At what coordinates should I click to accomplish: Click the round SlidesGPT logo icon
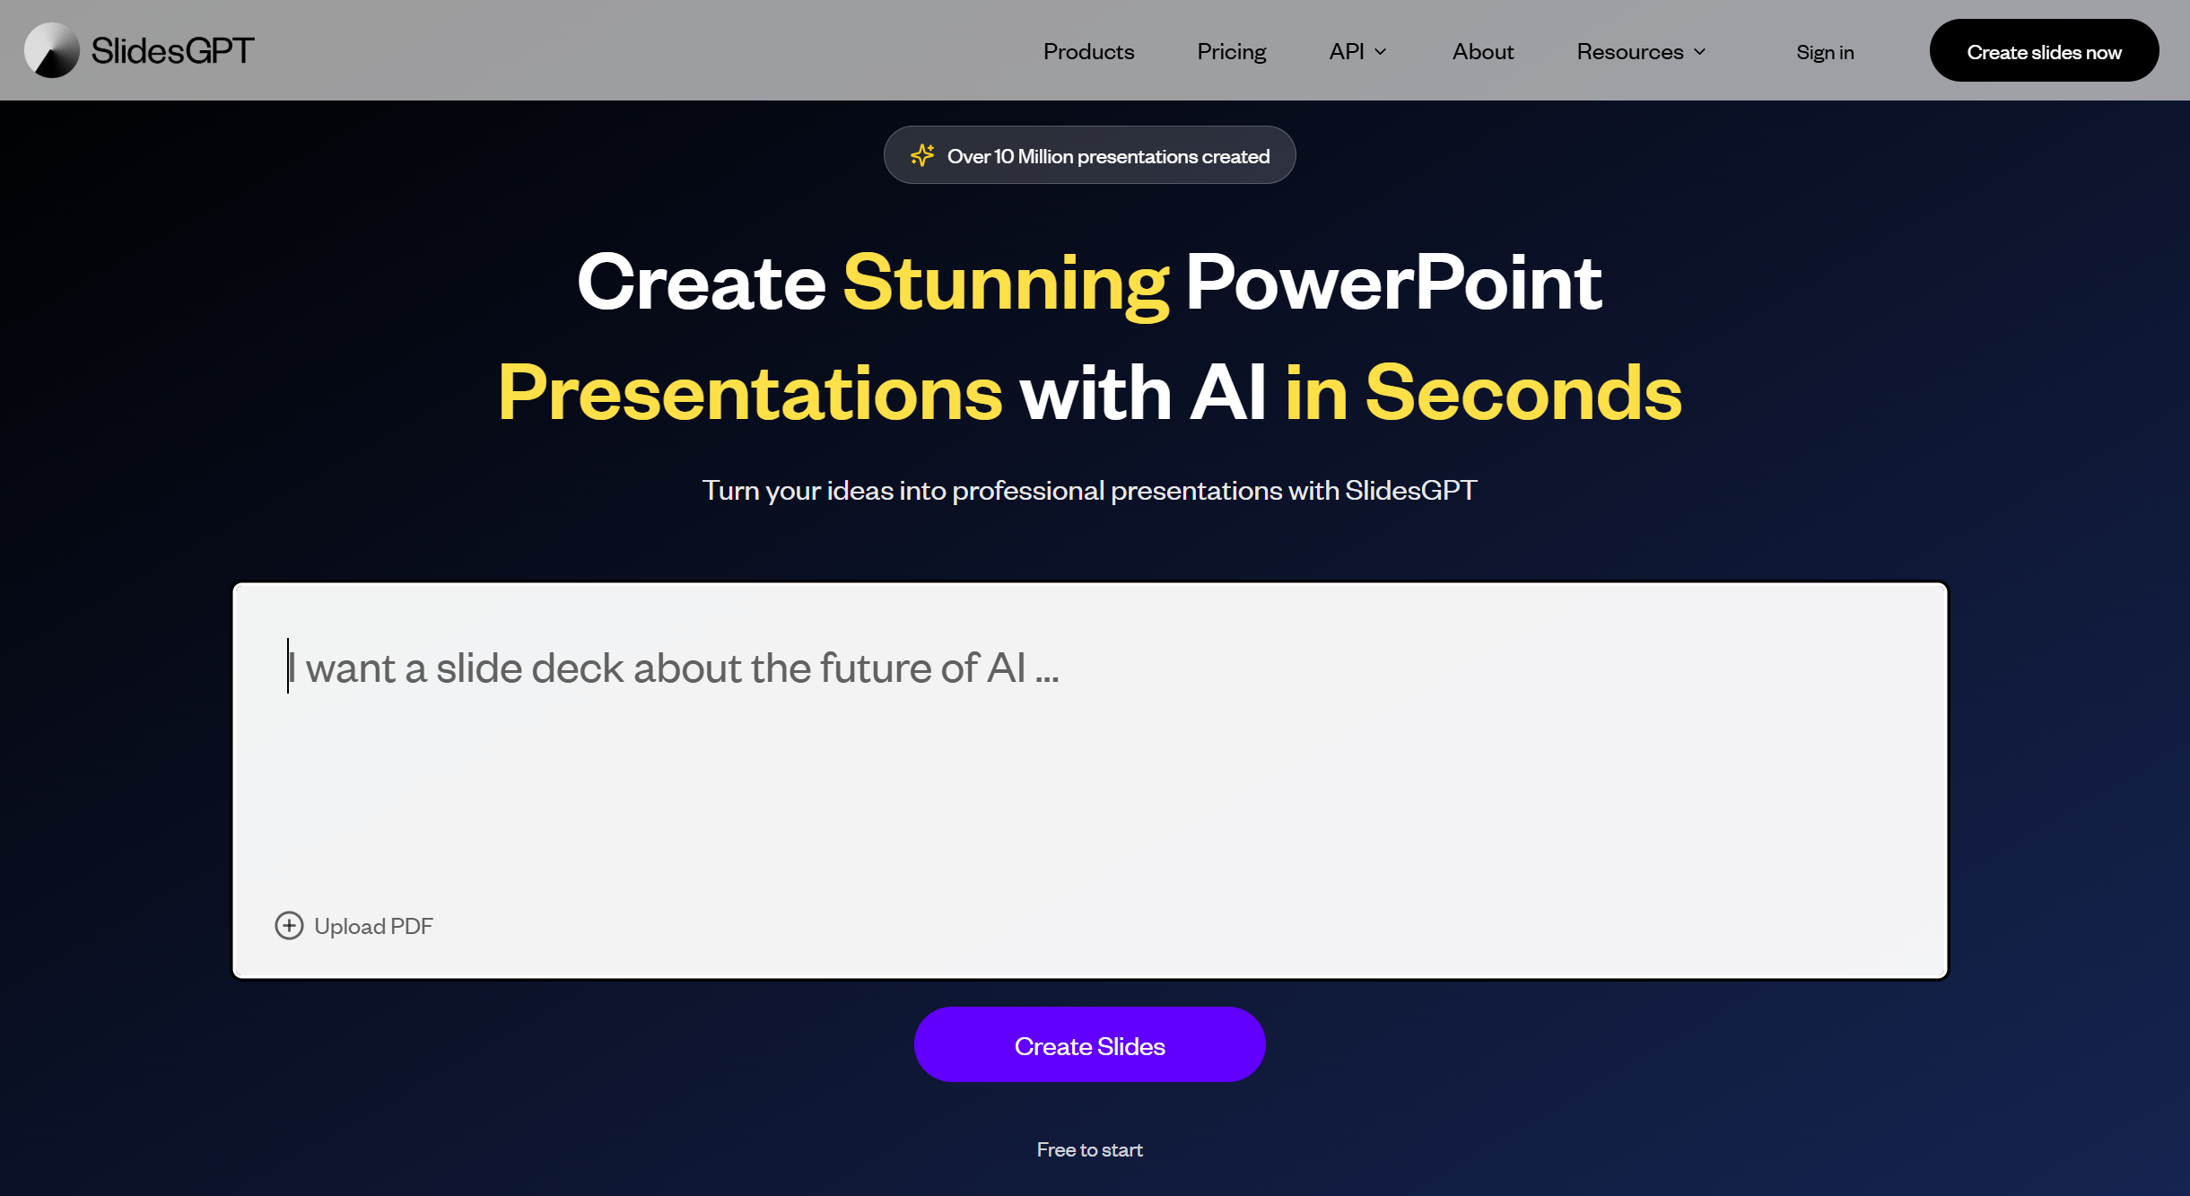[x=51, y=50]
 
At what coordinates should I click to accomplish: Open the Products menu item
[x=1088, y=52]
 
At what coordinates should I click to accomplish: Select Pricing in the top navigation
[x=1231, y=52]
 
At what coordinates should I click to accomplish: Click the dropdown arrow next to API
[x=1381, y=52]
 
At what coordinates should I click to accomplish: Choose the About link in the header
[x=1482, y=52]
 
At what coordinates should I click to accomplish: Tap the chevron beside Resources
[x=1699, y=52]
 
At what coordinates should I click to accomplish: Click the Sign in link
[x=1825, y=52]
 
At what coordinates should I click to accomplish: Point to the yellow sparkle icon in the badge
[x=922, y=155]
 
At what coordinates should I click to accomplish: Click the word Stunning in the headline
[x=1005, y=283]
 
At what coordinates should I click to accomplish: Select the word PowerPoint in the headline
[x=1393, y=283]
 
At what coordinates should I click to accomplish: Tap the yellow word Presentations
[x=750, y=393]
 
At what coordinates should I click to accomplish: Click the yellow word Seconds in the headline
[x=1523, y=393]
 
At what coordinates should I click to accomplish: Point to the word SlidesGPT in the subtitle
[x=1410, y=490]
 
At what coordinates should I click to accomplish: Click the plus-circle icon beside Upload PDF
[x=289, y=925]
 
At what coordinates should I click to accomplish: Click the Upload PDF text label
[x=373, y=926]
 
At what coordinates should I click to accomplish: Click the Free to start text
[x=1089, y=1149]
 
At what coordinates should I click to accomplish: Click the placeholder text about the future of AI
[x=682, y=668]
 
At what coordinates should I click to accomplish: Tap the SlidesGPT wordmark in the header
[x=172, y=50]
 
